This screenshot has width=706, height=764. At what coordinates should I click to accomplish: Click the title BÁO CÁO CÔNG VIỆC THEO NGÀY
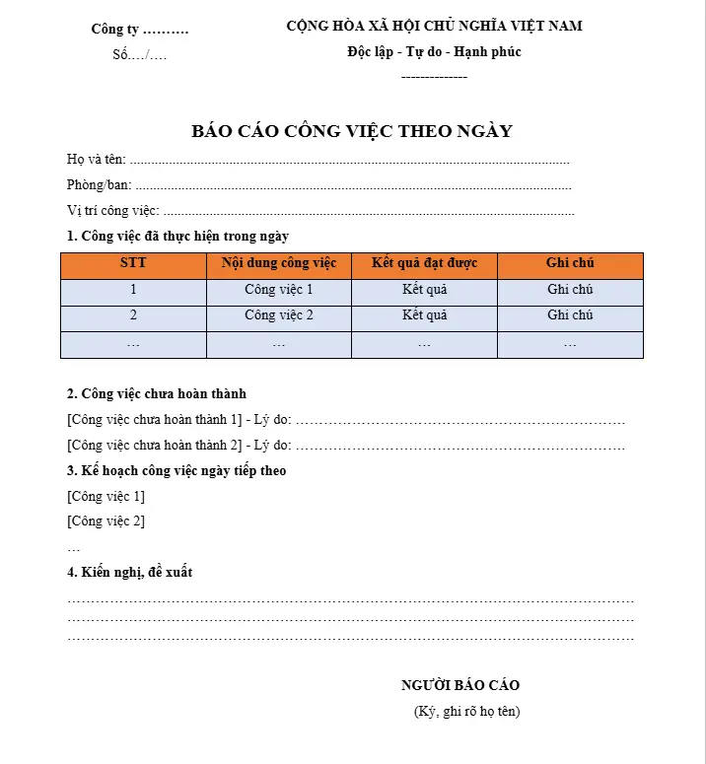pyautogui.click(x=352, y=131)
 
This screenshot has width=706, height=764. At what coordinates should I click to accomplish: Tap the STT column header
pyautogui.click(x=133, y=263)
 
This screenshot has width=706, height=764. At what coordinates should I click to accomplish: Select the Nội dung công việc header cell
pyautogui.click(x=279, y=263)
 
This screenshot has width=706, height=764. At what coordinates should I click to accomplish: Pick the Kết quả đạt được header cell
pyautogui.click(x=424, y=263)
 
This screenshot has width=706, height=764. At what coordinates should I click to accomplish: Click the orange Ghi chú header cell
pyautogui.click(x=570, y=263)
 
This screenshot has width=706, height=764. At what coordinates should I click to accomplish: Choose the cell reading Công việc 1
pyautogui.click(x=279, y=290)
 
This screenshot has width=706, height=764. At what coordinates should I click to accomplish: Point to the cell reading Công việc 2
pyautogui.click(x=279, y=315)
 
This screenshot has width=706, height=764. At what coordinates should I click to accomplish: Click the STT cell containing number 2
pyautogui.click(x=133, y=315)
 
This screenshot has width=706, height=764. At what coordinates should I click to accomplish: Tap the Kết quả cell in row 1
pyautogui.click(x=424, y=290)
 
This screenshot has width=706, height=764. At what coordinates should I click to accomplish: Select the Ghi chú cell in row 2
pyautogui.click(x=570, y=315)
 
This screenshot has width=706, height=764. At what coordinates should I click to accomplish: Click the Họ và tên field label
pyautogui.click(x=97, y=160)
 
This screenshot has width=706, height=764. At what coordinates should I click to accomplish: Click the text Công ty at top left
pyautogui.click(x=115, y=30)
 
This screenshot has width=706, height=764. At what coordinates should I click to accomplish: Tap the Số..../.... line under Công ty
pyautogui.click(x=139, y=54)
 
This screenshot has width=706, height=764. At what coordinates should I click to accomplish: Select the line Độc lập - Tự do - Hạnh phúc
pyautogui.click(x=434, y=51)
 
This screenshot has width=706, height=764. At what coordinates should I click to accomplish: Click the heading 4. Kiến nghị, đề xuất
pyautogui.click(x=129, y=573)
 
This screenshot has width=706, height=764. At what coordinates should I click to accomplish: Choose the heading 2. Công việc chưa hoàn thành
pyautogui.click(x=156, y=394)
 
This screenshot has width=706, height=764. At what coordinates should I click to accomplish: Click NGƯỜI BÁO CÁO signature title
pyautogui.click(x=460, y=685)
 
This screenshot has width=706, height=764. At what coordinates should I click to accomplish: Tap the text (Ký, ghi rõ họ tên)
pyautogui.click(x=466, y=711)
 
